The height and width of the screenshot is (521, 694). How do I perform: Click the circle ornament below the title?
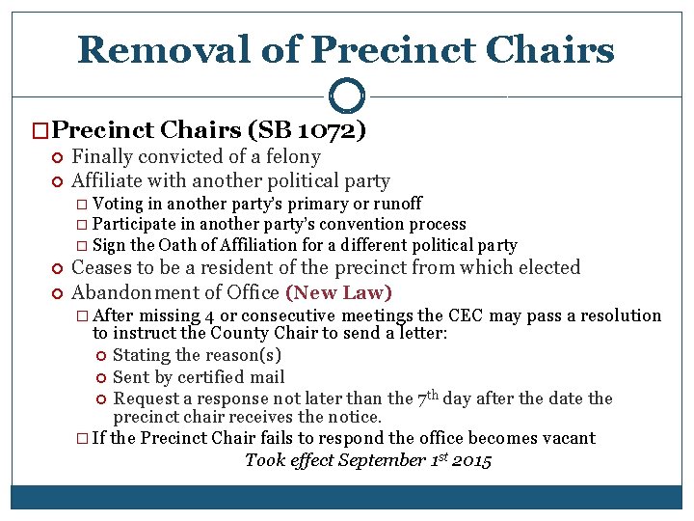[346, 96]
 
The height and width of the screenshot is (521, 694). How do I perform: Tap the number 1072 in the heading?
[326, 129]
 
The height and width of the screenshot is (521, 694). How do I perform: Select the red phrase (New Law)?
[338, 291]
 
